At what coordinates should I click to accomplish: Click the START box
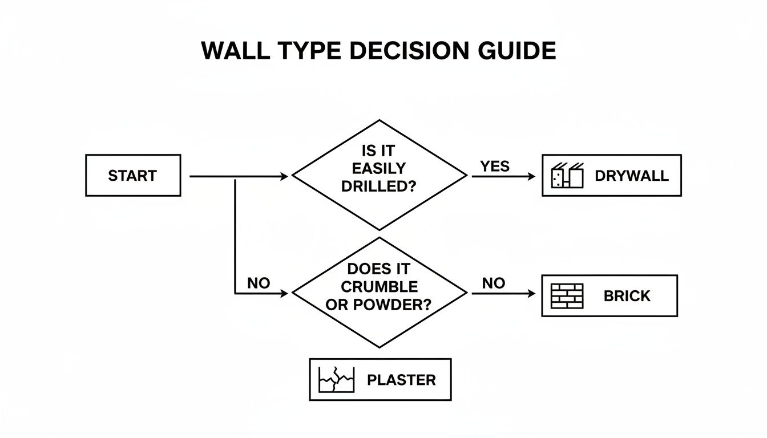click(x=132, y=176)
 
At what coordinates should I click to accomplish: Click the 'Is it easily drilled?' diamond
click(x=379, y=175)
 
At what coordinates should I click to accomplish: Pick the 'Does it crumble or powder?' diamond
click(x=379, y=293)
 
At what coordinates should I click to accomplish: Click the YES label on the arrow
click(x=495, y=167)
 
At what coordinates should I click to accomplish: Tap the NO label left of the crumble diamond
click(x=258, y=283)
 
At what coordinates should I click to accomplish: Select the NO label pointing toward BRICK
click(x=494, y=283)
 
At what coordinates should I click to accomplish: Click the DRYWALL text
click(x=631, y=176)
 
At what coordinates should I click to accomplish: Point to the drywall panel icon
click(x=567, y=176)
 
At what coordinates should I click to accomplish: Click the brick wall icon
click(x=567, y=296)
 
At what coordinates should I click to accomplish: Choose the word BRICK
click(x=627, y=296)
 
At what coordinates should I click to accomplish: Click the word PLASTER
click(x=401, y=380)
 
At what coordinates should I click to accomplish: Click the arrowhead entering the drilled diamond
click(x=285, y=177)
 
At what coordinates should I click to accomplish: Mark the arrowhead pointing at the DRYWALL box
click(x=532, y=177)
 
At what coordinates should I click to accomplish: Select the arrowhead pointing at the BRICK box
click(x=532, y=293)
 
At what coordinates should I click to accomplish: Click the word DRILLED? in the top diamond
click(x=378, y=186)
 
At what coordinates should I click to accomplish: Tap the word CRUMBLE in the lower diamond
click(x=379, y=286)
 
